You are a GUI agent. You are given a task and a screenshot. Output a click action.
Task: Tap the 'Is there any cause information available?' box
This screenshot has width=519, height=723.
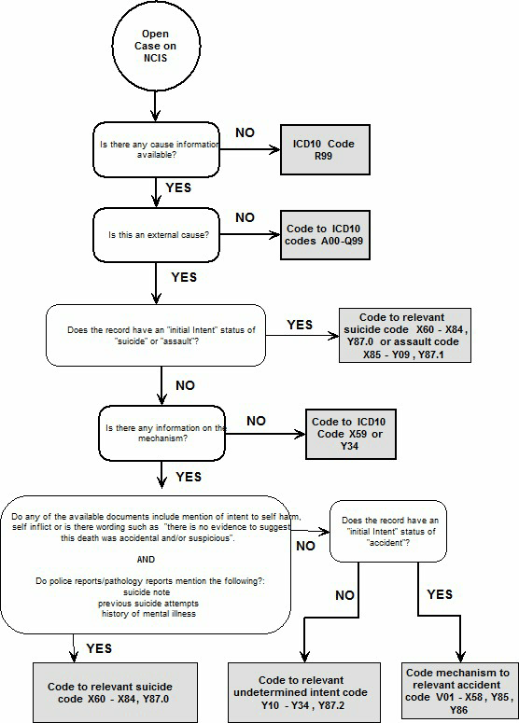pyautogui.click(x=155, y=149)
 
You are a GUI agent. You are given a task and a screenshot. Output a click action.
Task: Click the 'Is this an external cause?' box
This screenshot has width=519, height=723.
pyautogui.click(x=155, y=234)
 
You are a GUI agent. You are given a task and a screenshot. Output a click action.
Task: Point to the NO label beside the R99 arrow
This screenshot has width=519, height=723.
pyautogui.click(x=245, y=132)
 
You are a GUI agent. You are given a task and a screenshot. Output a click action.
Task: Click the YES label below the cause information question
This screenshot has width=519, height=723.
pyautogui.click(x=177, y=188)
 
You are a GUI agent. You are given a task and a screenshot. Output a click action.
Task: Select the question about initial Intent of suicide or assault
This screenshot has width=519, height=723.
pyautogui.click(x=156, y=335)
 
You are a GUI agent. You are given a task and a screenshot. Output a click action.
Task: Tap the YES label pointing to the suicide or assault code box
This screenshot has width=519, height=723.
pyautogui.click(x=300, y=324)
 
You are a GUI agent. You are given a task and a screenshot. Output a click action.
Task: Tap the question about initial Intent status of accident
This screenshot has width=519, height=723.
pyautogui.click(x=401, y=529)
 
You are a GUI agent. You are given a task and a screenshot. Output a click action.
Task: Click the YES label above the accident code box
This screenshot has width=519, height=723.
pyautogui.click(x=439, y=593)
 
